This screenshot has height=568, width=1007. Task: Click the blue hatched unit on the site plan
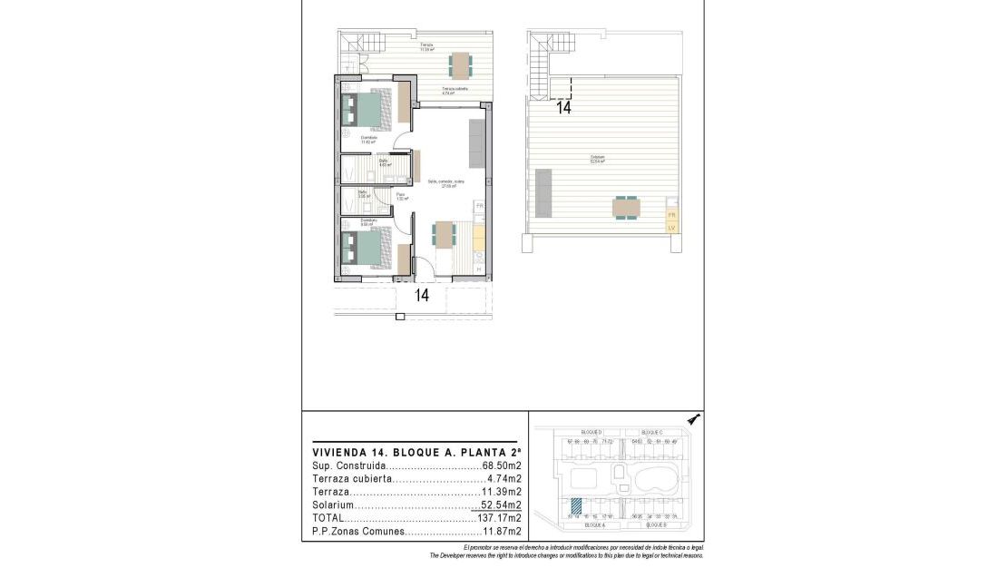(575, 508)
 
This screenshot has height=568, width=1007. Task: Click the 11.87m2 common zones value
(502, 532)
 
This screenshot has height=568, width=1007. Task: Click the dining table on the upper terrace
(461, 64)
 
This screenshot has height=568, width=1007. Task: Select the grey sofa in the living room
(476, 142)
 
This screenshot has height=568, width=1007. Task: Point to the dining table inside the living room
(444, 234)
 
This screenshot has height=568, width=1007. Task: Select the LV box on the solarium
(671, 227)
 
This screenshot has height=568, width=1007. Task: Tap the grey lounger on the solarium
(544, 192)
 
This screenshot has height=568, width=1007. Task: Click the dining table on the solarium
(625, 208)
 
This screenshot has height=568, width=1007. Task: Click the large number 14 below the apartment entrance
(422, 295)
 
